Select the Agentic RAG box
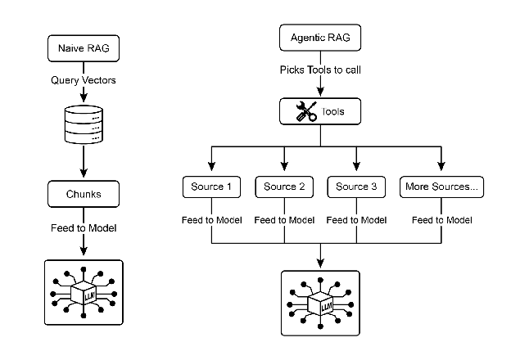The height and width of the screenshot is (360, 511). (320, 38)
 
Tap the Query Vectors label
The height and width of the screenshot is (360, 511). (83, 80)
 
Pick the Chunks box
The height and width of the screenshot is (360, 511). (83, 195)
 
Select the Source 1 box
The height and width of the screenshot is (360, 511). (212, 187)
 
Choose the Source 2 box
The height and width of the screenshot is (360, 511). (284, 187)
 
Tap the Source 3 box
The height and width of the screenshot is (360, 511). (356, 187)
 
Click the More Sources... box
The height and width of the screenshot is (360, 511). (442, 187)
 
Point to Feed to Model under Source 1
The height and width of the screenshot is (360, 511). (212, 219)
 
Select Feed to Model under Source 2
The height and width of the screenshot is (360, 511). (284, 219)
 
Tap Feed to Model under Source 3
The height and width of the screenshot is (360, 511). (356, 219)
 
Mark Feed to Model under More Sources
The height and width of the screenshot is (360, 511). (442, 219)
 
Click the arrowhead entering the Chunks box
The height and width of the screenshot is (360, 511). (83, 177)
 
